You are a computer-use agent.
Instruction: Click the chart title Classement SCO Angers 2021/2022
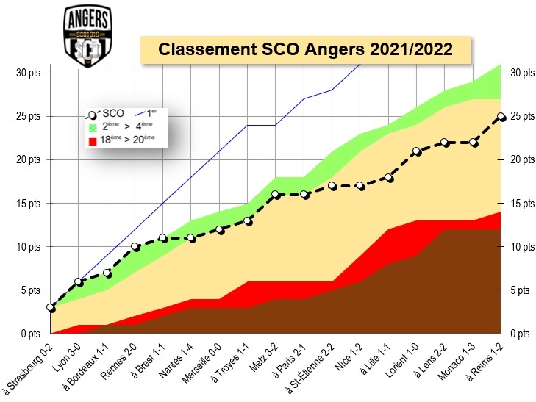point(305,49)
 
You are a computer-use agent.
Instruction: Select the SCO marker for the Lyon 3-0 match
point(79,281)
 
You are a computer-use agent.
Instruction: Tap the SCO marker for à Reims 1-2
point(501,116)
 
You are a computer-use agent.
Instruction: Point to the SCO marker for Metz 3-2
point(276,195)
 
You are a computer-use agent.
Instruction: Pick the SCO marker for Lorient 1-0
point(416,151)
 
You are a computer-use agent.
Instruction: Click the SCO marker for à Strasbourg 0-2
point(51,308)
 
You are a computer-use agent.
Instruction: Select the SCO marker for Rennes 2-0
point(135,247)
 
